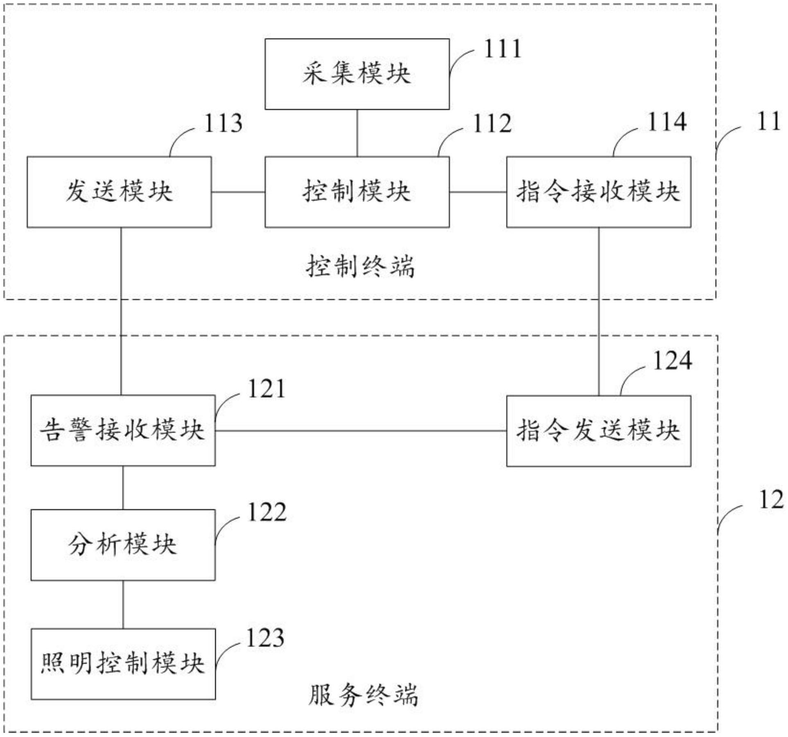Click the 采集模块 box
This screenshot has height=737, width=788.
pyautogui.click(x=357, y=74)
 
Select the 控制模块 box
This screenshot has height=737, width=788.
pyautogui.click(x=357, y=192)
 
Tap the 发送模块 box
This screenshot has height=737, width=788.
pyautogui.click(x=119, y=192)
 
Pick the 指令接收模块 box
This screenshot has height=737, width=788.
pyautogui.click(x=598, y=192)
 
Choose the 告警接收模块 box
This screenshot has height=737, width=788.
pyautogui.click(x=123, y=430)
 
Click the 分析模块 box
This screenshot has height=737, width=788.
pyautogui.click(x=123, y=545)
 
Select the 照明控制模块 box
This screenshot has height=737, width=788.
pyautogui.click(x=123, y=664)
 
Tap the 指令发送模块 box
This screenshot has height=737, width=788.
pyautogui.click(x=598, y=430)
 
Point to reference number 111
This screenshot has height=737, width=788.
pyautogui.click(x=503, y=49)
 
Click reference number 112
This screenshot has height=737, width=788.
pyautogui.click(x=492, y=124)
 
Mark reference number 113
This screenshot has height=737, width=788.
pyautogui.click(x=223, y=124)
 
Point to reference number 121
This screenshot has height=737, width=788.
pyautogui.click(x=266, y=389)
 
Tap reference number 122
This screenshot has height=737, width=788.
pyautogui.click(x=267, y=512)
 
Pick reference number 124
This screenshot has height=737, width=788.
pyautogui.click(x=672, y=361)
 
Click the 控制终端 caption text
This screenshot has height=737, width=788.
pyautogui.click(x=360, y=267)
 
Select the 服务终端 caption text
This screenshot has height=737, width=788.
pyautogui.click(x=363, y=695)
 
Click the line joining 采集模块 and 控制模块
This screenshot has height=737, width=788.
pyautogui.click(x=357, y=133)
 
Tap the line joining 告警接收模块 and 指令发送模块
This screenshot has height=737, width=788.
pyautogui.click(x=360, y=430)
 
